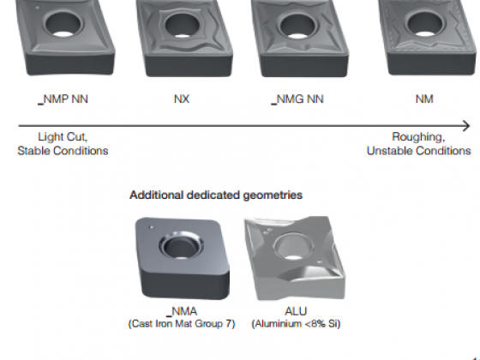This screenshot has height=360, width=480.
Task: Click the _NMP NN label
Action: click(x=63, y=99)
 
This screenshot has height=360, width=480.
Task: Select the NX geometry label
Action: click(x=182, y=99)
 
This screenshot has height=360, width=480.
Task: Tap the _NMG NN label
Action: click(x=297, y=99)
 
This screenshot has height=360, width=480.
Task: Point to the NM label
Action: click(x=424, y=99)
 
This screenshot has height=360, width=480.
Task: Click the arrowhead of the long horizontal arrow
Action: click(x=466, y=125)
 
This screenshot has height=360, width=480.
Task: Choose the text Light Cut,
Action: click(x=63, y=137)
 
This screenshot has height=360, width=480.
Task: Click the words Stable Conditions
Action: click(x=63, y=151)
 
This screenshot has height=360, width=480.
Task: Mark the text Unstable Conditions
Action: click(x=419, y=151)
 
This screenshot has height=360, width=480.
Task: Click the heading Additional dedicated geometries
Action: click(x=216, y=195)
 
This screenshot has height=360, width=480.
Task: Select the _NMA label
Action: click(x=182, y=311)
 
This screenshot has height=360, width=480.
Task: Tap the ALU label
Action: click(x=296, y=311)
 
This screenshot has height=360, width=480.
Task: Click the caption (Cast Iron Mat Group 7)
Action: click(x=182, y=324)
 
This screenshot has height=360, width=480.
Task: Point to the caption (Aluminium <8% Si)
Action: click(x=296, y=324)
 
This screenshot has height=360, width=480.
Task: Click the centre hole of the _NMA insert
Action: click(x=181, y=246)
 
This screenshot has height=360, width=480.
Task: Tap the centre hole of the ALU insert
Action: click(x=294, y=247)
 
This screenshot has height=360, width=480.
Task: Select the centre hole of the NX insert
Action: click(x=182, y=24)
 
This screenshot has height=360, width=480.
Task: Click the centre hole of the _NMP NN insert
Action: click(x=63, y=23)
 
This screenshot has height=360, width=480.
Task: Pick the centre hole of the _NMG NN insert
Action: click(x=298, y=24)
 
